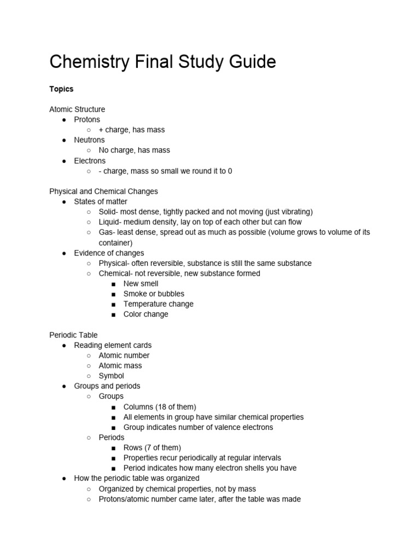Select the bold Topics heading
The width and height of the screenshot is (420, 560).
(x=61, y=89)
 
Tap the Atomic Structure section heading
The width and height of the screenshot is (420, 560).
(x=77, y=109)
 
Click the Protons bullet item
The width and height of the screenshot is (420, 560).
(x=87, y=119)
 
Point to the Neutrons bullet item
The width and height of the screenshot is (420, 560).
(x=89, y=140)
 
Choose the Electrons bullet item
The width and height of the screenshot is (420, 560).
(x=90, y=161)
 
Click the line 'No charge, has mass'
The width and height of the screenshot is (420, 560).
(x=134, y=150)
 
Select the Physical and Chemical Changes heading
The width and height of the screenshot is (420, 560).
(x=103, y=191)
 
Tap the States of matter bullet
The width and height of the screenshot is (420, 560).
(x=101, y=202)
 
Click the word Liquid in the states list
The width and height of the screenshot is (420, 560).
(x=110, y=222)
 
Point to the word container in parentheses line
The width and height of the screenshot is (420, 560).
(x=115, y=242)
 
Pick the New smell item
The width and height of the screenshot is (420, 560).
(x=141, y=283)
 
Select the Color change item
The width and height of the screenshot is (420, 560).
(x=145, y=314)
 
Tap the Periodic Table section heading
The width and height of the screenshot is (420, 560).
(x=73, y=335)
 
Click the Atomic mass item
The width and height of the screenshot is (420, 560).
(x=120, y=365)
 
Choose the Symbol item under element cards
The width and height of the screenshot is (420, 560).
(x=111, y=376)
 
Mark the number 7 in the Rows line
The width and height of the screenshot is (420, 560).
(x=150, y=448)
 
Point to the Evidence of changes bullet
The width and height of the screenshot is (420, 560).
(x=109, y=253)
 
